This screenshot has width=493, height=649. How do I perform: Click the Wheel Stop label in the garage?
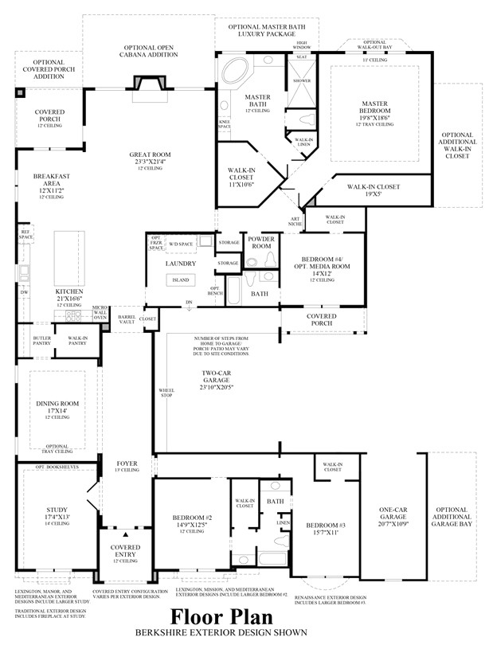pyautogui.click(x=166, y=392)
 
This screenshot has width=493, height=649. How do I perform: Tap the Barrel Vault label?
pyautogui.click(x=127, y=319)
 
